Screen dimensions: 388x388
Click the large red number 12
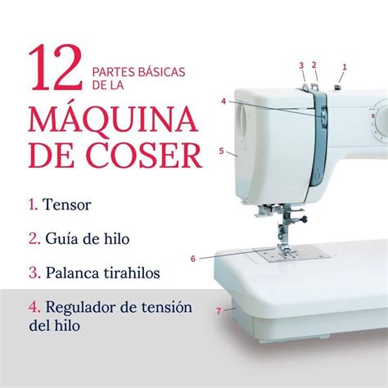(56, 67)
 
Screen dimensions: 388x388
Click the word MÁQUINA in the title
(113, 120)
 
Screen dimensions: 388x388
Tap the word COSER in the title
(146, 156)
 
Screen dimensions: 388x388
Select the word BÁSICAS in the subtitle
(162, 72)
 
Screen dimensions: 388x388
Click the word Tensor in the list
(67, 205)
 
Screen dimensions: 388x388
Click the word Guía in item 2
(62, 239)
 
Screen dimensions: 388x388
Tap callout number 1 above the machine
(345, 67)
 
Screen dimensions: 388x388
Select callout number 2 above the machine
(314, 65)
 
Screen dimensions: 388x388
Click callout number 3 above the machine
(301, 65)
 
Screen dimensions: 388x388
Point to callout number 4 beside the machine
(223, 102)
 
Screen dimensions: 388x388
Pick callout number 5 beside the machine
(221, 151)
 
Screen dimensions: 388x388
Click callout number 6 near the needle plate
(193, 259)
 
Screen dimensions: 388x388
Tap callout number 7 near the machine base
(219, 311)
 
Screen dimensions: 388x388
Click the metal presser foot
(285, 248)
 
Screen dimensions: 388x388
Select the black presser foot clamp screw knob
(304, 219)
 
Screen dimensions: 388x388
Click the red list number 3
(34, 273)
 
